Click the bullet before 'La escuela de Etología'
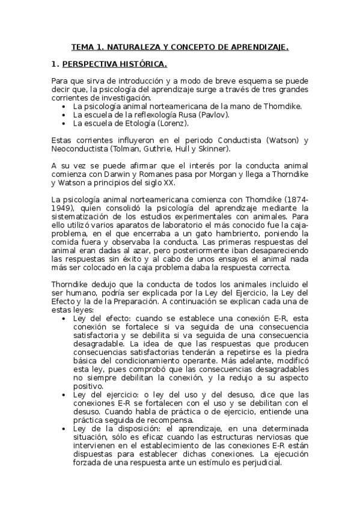pyautogui.click(x=64, y=123)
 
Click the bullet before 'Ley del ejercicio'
pyautogui.click(x=64, y=394)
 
